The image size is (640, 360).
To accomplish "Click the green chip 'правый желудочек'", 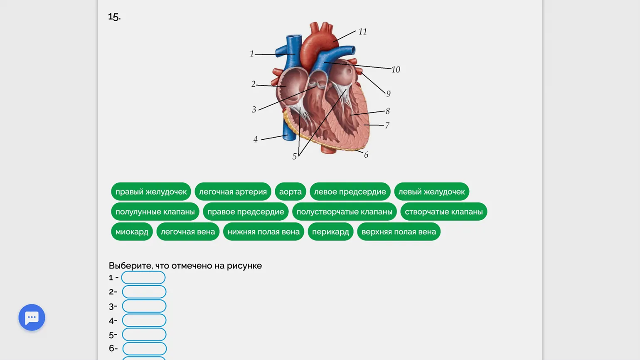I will tap(151, 192).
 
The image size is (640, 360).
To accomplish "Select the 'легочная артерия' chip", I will tap(233, 192).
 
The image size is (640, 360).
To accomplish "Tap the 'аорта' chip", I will tap(290, 192).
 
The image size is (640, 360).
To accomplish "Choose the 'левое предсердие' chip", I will tap(350, 192).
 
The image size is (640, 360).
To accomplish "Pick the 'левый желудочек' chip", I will tap(431, 192).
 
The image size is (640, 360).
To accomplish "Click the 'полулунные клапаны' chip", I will tap(155, 212).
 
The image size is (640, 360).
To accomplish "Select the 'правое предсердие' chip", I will tap(246, 212).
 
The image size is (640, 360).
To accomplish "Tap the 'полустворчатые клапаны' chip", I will tap(344, 212).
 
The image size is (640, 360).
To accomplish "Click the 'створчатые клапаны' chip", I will tap(443, 212).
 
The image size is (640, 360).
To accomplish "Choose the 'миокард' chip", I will tap(132, 232).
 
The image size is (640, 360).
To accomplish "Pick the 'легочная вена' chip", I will tap(188, 232).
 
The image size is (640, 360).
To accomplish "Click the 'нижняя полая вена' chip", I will tap(263, 232).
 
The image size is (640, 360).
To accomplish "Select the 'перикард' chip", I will tap(330, 232).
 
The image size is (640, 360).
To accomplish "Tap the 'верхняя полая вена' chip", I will tap(399, 232).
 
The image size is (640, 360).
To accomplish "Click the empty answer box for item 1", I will tap(143, 278).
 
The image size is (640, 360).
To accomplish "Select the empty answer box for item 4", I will tap(144, 321).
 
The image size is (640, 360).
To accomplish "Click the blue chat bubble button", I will tap(32, 318).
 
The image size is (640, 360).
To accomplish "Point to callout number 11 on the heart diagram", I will tap(362, 32).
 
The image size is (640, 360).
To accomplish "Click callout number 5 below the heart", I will tap(294, 157).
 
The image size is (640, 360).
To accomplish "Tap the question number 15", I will tap(114, 17).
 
